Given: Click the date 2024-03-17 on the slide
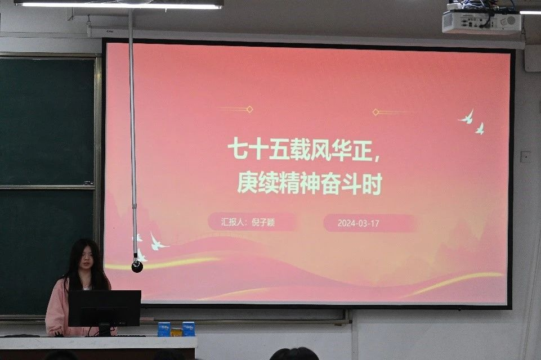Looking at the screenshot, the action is click(358, 223).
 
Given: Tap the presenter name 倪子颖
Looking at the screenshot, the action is click(263, 222).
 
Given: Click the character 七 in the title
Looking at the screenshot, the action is click(238, 149).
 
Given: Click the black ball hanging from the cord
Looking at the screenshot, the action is click(137, 266).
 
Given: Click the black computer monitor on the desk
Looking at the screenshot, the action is click(105, 308).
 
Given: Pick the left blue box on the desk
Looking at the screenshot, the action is click(164, 329).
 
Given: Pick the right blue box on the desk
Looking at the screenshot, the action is click(189, 328).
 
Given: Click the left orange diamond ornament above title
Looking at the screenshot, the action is click(250, 109).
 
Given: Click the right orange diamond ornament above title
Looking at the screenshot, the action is click(375, 112).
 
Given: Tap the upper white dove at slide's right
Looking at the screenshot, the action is click(467, 117).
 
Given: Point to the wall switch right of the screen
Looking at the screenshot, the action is click(525, 156).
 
